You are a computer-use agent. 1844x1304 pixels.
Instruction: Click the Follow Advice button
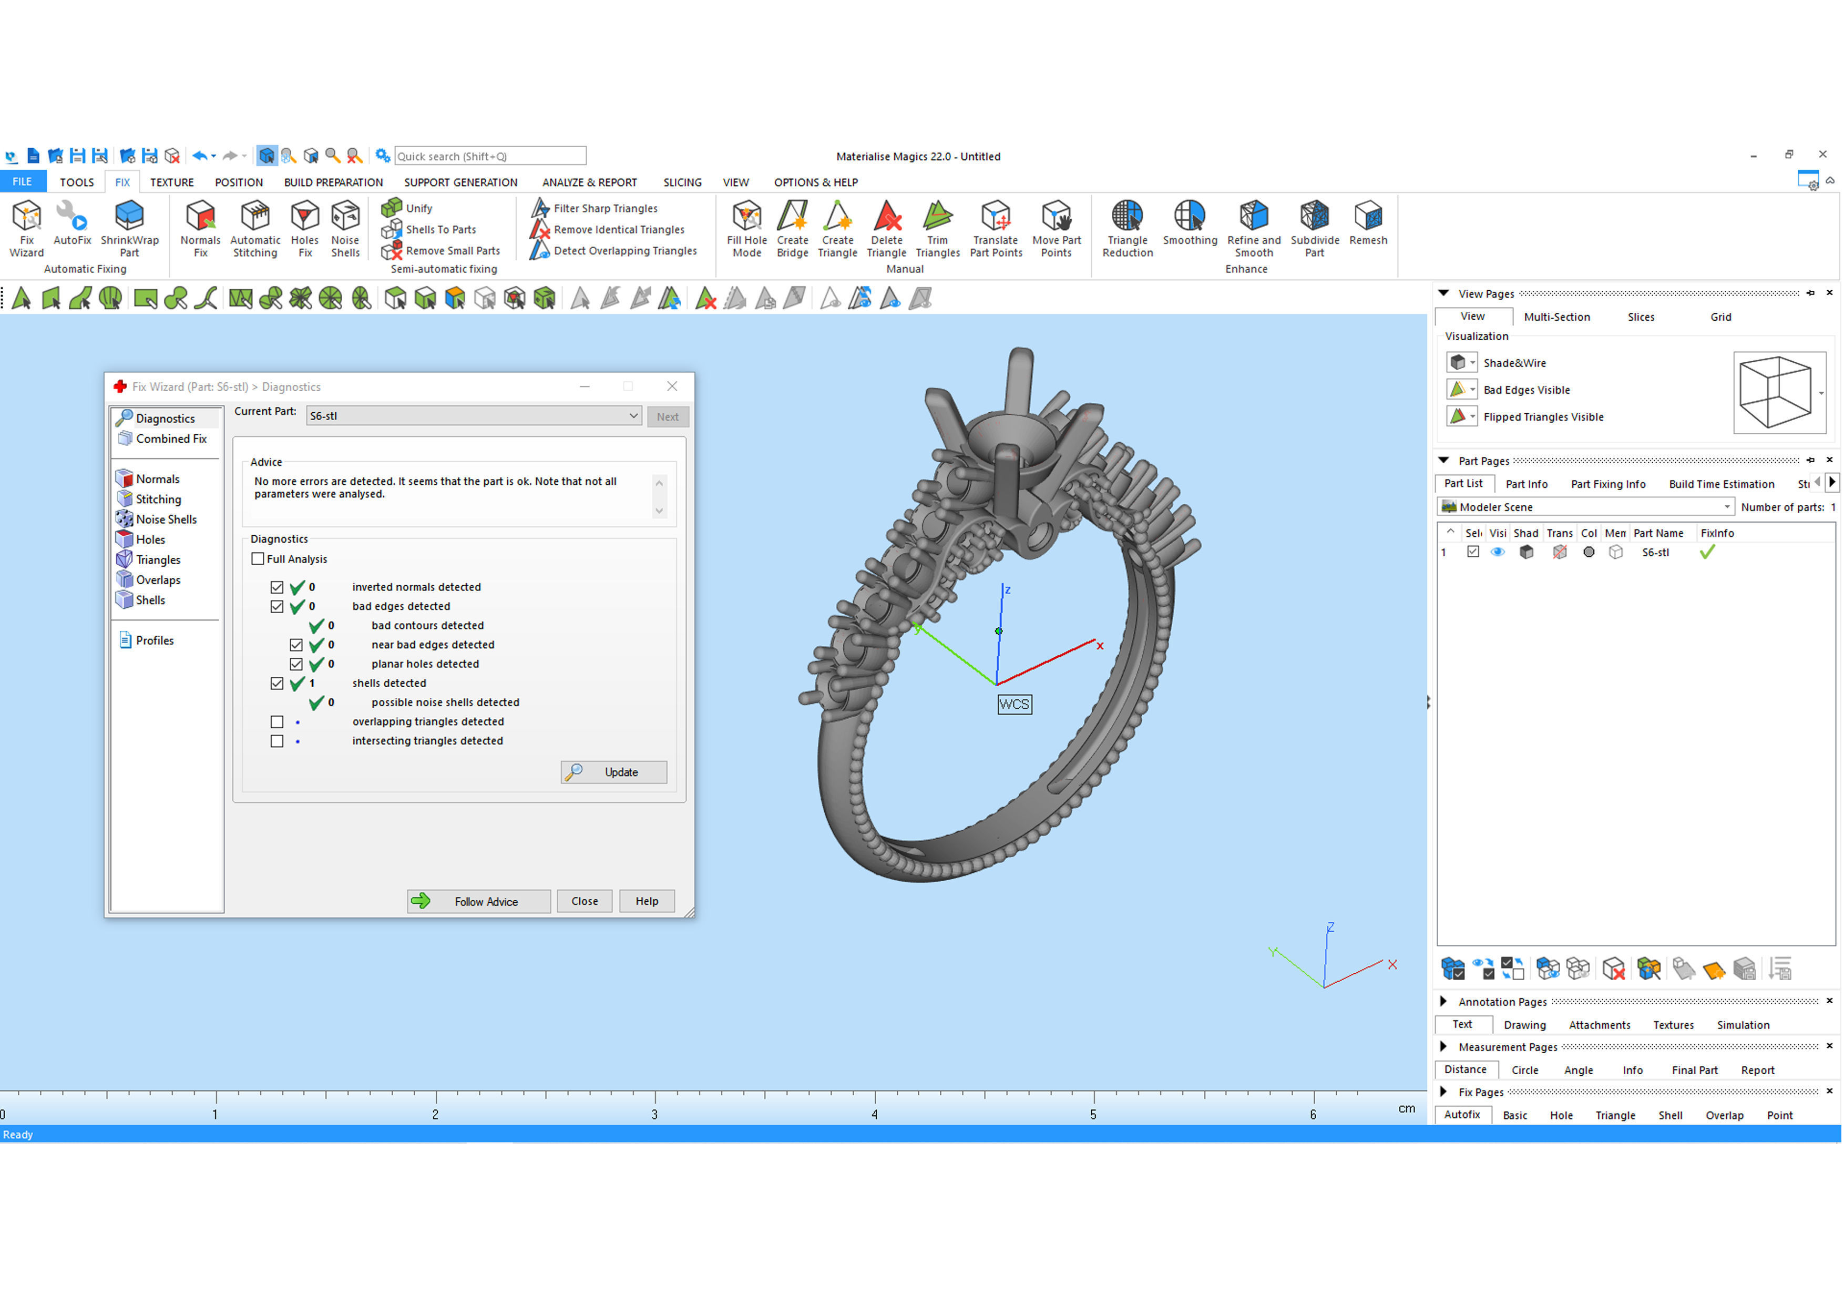479,901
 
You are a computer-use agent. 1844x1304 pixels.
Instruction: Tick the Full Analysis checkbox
258,559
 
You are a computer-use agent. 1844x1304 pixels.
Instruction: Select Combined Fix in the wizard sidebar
170,439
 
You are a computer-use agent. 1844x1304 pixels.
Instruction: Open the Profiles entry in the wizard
154,640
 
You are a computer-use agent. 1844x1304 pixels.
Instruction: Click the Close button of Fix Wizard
584,901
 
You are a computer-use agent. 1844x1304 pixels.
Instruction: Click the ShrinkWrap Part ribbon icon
129,227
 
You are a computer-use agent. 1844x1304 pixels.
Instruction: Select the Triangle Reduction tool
1127,227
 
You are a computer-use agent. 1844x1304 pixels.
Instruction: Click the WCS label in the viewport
1013,705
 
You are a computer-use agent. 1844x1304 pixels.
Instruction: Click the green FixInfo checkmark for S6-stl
1707,553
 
